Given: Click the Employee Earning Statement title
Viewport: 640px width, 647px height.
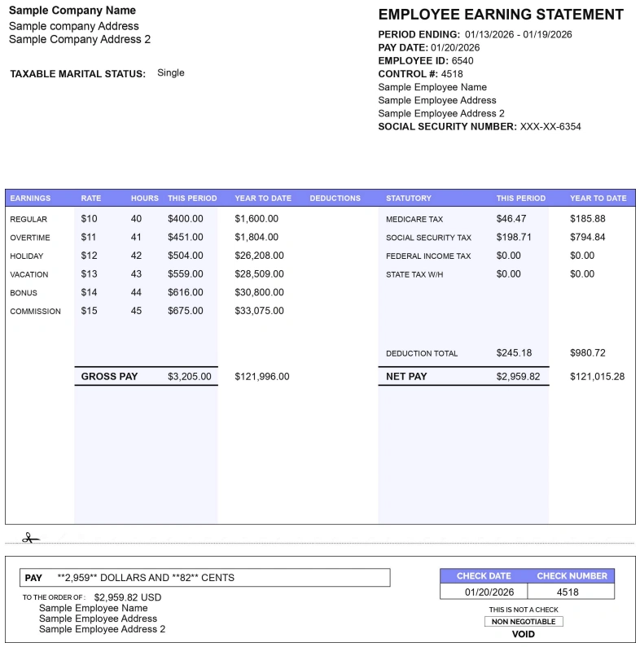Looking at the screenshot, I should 501,15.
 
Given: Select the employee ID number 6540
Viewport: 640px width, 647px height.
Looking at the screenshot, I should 462,61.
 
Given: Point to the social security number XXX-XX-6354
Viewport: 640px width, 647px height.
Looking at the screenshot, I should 550,126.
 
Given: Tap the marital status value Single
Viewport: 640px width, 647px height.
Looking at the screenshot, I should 171,73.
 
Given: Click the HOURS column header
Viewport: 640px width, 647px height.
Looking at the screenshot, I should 145,198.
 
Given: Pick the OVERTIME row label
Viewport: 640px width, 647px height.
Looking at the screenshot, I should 30,238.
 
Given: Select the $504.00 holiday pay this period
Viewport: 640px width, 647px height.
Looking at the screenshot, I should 186,256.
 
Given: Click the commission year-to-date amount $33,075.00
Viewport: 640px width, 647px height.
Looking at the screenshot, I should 260,311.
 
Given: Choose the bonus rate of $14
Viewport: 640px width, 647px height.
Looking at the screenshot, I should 89,292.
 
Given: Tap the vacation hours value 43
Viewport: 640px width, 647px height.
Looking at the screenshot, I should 136,274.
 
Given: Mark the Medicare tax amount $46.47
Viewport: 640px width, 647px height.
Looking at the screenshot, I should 511,219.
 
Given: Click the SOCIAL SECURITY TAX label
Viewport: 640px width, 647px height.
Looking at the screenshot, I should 428,238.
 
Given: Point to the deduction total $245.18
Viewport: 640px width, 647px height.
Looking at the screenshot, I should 514,353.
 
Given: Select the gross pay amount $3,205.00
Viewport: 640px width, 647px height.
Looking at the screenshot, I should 190,377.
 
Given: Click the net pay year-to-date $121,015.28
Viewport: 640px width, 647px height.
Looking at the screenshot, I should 598,377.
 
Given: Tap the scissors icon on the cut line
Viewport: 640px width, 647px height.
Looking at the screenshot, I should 30,538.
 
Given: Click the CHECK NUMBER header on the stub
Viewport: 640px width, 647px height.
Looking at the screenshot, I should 572,576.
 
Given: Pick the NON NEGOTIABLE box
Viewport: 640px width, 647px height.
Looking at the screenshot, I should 523,622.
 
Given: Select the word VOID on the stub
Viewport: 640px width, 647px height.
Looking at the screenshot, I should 524,634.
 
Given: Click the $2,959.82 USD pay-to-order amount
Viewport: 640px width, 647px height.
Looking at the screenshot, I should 128,597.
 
